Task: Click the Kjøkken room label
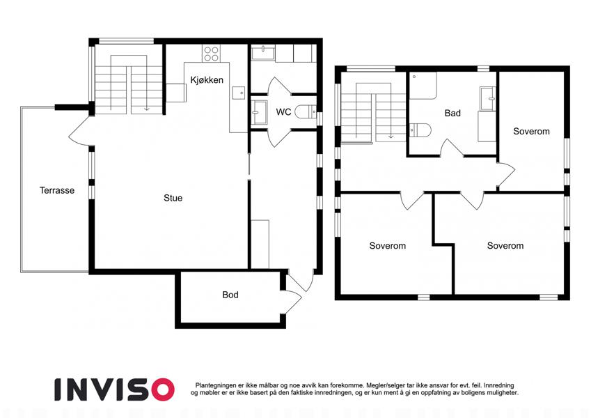point(207,80)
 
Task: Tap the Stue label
point(173,198)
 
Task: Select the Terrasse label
point(57,190)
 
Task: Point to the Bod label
point(230,295)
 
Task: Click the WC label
point(283,112)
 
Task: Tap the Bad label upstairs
point(452,113)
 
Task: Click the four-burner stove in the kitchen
point(211,53)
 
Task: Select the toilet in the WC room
point(306,111)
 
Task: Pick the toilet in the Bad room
point(420,130)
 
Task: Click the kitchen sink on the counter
point(238,93)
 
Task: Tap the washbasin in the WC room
point(260,112)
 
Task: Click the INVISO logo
point(115,389)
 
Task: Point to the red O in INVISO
point(162,389)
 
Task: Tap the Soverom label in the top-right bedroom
point(531,131)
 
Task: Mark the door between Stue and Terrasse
point(80,130)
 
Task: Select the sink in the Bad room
point(487,99)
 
